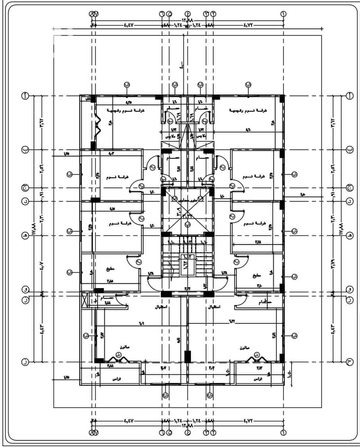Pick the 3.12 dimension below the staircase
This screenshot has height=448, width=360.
coord(187,289)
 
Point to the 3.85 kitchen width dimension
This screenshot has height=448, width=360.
coord(110,281)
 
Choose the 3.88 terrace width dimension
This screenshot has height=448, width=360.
coord(110,366)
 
